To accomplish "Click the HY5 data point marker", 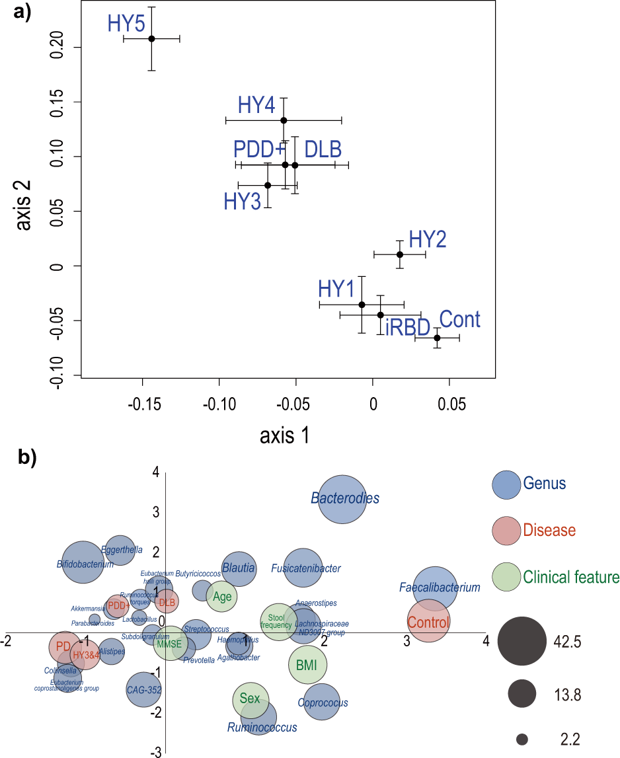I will click(151, 38).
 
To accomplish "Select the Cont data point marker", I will click(437, 338).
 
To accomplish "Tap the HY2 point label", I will click(427, 239).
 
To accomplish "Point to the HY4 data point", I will click(284, 120).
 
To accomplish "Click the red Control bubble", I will click(428, 621).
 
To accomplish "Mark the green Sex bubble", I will click(251, 699).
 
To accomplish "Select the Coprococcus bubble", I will click(321, 702).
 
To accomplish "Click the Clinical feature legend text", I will click(570, 577).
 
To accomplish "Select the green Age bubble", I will click(222, 597).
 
